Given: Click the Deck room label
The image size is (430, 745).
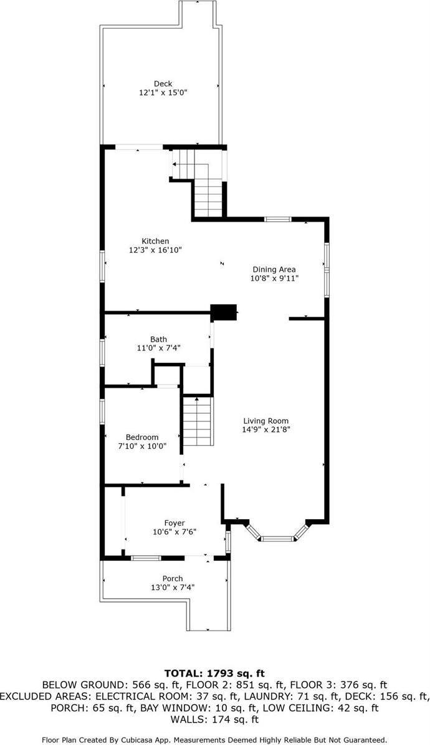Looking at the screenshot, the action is tap(163, 83).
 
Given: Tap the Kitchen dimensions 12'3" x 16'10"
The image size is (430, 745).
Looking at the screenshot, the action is tap(156, 250).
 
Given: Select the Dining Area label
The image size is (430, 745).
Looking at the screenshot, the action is tap(274, 269).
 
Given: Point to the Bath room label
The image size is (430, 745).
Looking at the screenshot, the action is tap(158, 339).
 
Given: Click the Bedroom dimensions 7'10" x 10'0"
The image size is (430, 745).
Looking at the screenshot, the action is tap(142, 446).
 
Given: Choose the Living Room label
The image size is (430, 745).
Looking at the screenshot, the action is tap(266, 421).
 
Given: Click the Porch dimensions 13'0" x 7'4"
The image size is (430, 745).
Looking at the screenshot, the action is tap(172, 588).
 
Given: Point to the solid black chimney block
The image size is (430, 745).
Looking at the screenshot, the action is tap(224, 312).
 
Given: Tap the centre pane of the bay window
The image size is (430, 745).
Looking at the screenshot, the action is tap(277, 538).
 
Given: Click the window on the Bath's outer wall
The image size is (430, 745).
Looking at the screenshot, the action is tap(102, 352).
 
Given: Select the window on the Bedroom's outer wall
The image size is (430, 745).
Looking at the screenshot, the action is tap(102, 411).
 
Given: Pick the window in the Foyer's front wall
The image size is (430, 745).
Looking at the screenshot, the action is tap(146, 558).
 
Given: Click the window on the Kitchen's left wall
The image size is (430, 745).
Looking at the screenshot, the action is tap(102, 266).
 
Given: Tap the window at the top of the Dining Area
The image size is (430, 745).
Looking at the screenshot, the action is tap(278, 219).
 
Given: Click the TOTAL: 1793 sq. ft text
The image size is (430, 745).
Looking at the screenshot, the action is tap(214, 673).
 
